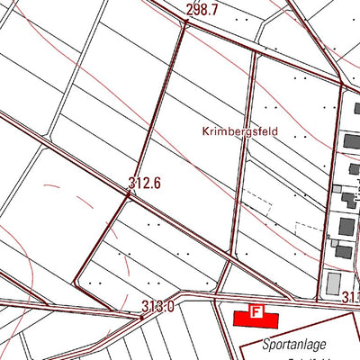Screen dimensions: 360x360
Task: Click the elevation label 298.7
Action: point(202,10)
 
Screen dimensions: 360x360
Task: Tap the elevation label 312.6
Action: point(144,184)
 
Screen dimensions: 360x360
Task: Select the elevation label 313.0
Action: point(157,307)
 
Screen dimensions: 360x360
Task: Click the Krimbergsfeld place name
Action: point(239,131)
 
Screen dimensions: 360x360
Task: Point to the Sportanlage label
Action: point(294,344)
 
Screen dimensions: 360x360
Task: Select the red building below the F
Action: point(256,319)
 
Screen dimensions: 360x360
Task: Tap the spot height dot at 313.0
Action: point(141,316)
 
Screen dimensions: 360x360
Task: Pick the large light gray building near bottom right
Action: point(334,284)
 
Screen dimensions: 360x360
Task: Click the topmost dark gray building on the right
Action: point(350,142)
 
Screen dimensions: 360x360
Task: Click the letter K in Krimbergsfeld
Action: point(202,131)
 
